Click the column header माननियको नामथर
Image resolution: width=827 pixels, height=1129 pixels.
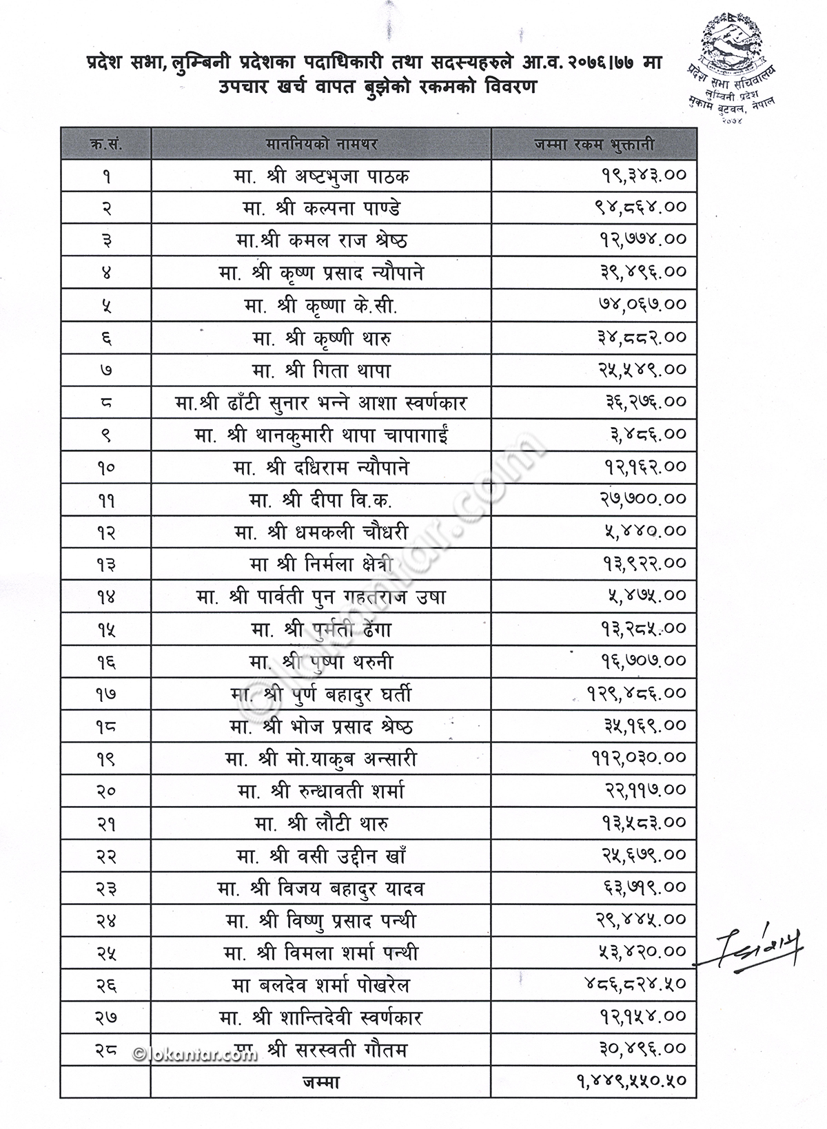(320, 145)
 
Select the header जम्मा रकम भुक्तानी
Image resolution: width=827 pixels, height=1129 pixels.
(594, 145)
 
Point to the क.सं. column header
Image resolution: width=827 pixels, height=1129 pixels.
(105, 145)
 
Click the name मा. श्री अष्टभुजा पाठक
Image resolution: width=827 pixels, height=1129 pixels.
(320, 176)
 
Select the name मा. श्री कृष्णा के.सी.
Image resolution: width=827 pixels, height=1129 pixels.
(320, 305)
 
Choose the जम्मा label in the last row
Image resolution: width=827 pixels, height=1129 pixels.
(320, 1082)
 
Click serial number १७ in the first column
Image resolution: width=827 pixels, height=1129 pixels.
(105, 695)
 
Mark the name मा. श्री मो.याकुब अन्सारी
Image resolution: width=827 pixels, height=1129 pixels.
(320, 759)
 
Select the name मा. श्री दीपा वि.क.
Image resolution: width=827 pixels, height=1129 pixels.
(320, 500)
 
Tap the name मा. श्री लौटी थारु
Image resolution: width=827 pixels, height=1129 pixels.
(320, 823)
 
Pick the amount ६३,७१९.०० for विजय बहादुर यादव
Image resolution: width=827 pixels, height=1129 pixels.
(642, 889)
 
